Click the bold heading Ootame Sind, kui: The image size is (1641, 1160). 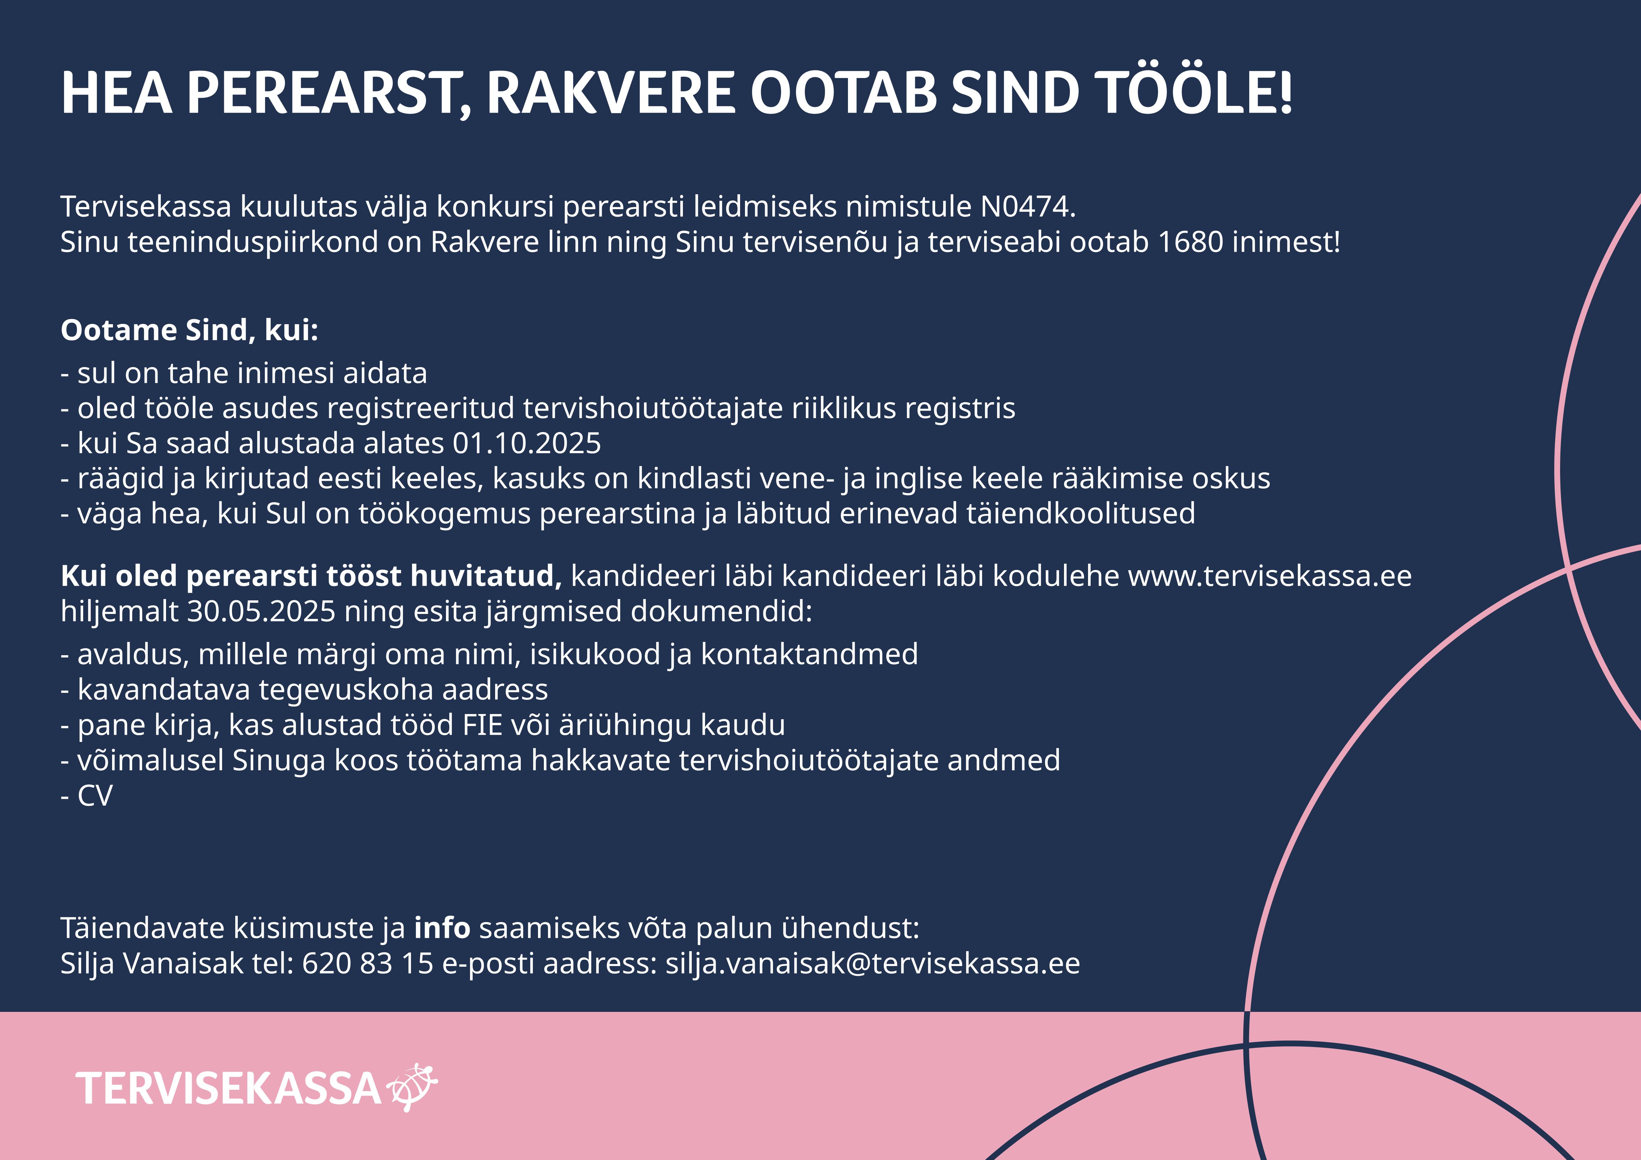coord(189,330)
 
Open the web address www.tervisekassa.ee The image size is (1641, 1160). coord(1269,576)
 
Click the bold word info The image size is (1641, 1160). coord(442,928)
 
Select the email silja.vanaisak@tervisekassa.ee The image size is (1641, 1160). coord(873,963)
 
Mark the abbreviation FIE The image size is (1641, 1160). coord(483,725)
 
